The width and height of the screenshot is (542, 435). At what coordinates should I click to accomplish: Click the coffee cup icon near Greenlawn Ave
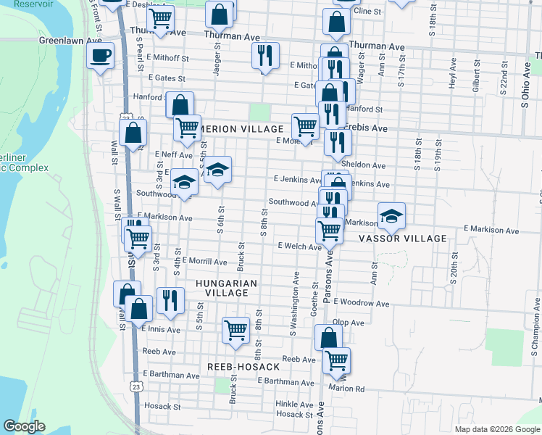100,54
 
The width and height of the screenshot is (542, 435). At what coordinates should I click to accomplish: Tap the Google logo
24,426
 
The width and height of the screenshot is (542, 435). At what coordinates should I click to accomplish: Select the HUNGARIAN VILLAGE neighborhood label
226,288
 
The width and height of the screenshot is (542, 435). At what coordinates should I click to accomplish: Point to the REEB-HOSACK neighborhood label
243,367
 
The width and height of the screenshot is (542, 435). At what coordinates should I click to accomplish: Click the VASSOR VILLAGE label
413,239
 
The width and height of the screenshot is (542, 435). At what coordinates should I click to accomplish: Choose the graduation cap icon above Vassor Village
391,216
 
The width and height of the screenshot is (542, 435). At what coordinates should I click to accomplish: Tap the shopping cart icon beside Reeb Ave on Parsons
336,360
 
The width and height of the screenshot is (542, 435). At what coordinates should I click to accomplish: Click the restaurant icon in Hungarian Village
170,300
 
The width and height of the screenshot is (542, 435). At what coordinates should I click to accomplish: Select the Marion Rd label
351,388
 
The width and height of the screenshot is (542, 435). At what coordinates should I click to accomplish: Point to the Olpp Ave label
348,323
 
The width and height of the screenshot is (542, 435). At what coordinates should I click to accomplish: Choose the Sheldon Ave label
368,165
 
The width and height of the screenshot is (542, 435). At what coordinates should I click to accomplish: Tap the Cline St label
367,12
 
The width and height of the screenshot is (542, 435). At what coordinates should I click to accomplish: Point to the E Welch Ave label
300,246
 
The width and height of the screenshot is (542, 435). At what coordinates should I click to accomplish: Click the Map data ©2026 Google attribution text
497,429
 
